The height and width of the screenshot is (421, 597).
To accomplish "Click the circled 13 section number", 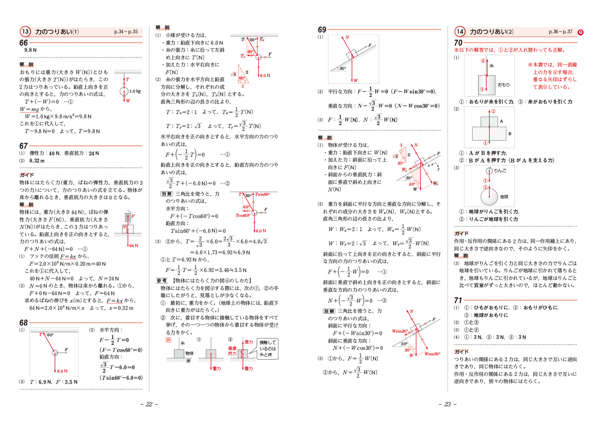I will pos(25,32).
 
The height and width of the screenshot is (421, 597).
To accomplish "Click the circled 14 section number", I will pos(460,32).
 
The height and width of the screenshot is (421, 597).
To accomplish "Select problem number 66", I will pos(24,43).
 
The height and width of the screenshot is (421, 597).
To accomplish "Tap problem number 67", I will pos(24,146).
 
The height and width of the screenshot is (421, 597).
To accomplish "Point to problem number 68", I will pos(24,322).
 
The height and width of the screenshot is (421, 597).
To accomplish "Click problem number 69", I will pos(322,29).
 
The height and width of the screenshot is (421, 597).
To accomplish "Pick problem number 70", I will pos(458,43).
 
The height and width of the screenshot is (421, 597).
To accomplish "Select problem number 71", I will pos(458,300).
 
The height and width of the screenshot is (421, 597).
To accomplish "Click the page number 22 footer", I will pos(149,404).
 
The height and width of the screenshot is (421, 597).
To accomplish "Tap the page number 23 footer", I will pos(447,404).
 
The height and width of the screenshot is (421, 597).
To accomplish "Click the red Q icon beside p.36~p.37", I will pos(581,32).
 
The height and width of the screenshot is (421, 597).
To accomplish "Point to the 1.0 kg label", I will pos(135,91).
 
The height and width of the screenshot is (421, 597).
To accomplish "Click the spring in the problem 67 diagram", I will pos(127,217).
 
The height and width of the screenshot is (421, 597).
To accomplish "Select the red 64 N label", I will pos(134,245).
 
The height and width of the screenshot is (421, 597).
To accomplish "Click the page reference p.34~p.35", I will pos(126,32).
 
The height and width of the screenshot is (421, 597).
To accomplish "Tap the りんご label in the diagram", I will pos(500,171).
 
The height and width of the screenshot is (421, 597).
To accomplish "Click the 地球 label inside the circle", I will pos(504,197).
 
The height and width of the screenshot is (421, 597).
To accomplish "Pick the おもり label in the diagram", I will pos(503,85).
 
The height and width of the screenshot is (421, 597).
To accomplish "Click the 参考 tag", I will pos(162,280).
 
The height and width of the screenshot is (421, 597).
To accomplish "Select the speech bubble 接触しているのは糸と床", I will pos(268,349).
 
